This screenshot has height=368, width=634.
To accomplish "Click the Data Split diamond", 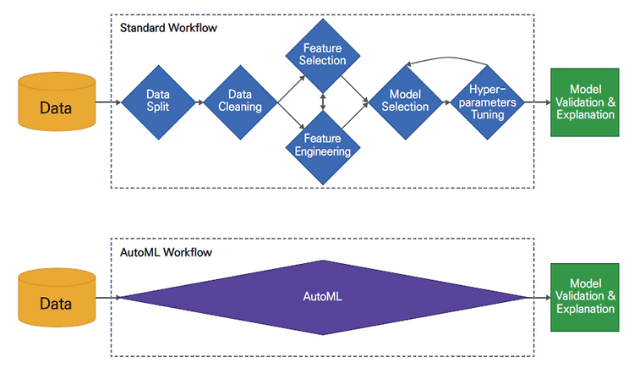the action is (159, 102).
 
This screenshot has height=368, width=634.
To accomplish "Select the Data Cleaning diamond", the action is (241, 102).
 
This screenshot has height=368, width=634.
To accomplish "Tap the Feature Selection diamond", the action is (323, 56).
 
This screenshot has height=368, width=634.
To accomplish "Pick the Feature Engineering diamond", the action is (323, 147).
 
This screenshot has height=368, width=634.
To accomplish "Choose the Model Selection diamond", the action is (406, 102).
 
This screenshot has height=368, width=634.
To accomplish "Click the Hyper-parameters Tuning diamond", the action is (488, 102).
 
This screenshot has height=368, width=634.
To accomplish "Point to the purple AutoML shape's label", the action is (322, 296).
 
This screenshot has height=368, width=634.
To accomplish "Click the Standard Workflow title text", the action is (168, 28).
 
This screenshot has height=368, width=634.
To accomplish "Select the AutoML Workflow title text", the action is (167, 252).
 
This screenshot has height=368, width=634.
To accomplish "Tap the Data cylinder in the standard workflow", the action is (57, 102).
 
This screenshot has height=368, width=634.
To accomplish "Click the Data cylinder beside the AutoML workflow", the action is (57, 298).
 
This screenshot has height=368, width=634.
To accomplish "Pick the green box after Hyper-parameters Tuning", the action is (585, 102).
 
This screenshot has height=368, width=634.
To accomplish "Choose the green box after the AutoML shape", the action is (585, 297).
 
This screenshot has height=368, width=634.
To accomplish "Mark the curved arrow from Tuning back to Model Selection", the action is (447, 58).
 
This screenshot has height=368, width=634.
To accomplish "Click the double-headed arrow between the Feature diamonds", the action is (323, 102).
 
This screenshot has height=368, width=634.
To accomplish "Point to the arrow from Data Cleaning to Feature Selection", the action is (291, 89).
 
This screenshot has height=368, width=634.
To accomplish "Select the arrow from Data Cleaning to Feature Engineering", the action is (291, 115).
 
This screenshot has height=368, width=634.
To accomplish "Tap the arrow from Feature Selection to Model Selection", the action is (354, 89).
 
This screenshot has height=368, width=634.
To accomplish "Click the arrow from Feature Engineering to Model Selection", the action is (354, 115).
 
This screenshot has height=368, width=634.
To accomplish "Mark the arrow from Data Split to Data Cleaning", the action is (199, 102).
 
